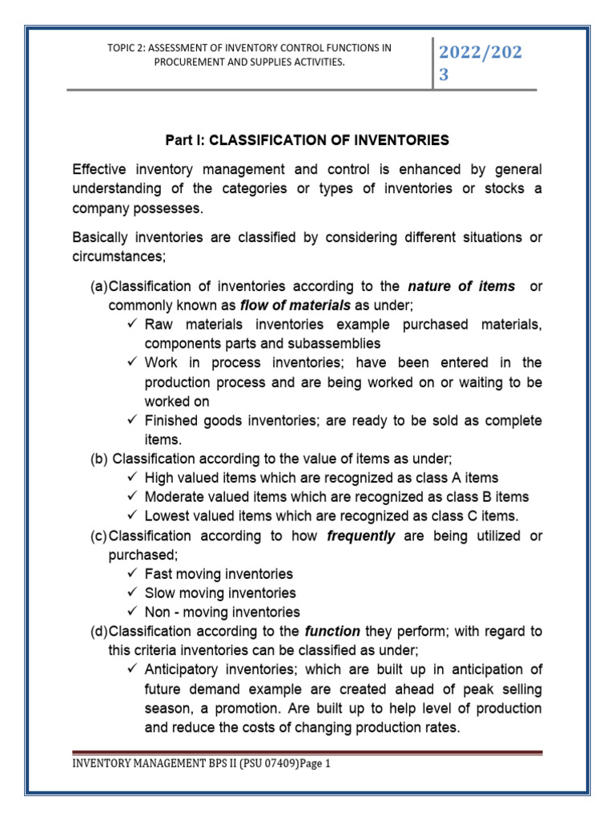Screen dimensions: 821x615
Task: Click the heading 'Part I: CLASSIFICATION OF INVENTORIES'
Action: (307, 140)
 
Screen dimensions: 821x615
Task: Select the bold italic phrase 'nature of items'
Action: (461, 286)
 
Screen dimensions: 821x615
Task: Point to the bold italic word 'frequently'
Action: (361, 536)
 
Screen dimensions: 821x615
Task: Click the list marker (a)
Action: (98, 286)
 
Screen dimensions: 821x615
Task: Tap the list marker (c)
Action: (98, 536)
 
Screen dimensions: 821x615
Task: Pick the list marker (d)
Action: (98, 631)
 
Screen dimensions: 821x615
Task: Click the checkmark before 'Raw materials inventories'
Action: (132, 325)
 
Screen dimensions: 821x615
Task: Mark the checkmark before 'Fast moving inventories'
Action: (132, 574)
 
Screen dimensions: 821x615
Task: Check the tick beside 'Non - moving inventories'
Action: (132, 613)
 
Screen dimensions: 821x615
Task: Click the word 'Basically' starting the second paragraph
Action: (100, 238)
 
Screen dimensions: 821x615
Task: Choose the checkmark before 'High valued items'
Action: (132, 478)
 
